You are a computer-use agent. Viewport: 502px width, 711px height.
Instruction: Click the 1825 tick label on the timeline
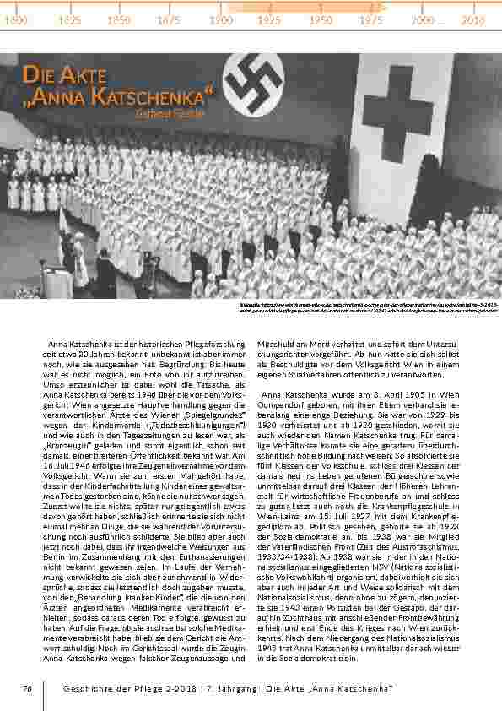click(x=72, y=19)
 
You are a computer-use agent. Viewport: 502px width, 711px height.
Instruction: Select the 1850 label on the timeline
click(x=121, y=19)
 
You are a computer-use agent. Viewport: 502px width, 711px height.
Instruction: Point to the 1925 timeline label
click(x=270, y=19)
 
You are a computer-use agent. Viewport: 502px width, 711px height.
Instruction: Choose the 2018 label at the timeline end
click(x=473, y=19)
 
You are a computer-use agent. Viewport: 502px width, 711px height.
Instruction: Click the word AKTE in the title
click(x=83, y=77)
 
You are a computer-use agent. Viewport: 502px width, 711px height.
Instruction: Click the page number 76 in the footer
click(x=26, y=689)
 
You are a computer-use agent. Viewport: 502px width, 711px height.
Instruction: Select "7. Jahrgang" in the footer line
click(x=212, y=689)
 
